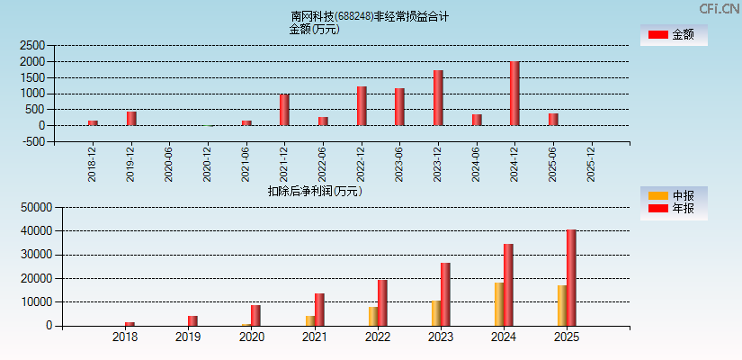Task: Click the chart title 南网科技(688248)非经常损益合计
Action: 370,16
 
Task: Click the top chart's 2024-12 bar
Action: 514,94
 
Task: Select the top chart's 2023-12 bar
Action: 438,98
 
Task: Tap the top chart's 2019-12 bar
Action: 131,119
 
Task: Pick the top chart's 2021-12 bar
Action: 284,110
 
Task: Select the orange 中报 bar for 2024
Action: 498,304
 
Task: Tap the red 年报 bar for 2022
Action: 382,302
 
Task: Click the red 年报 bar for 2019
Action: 192,320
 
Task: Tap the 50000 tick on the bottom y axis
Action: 32,207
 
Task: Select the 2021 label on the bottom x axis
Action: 314,337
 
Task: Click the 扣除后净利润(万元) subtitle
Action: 314,191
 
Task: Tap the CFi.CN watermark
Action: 718,8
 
